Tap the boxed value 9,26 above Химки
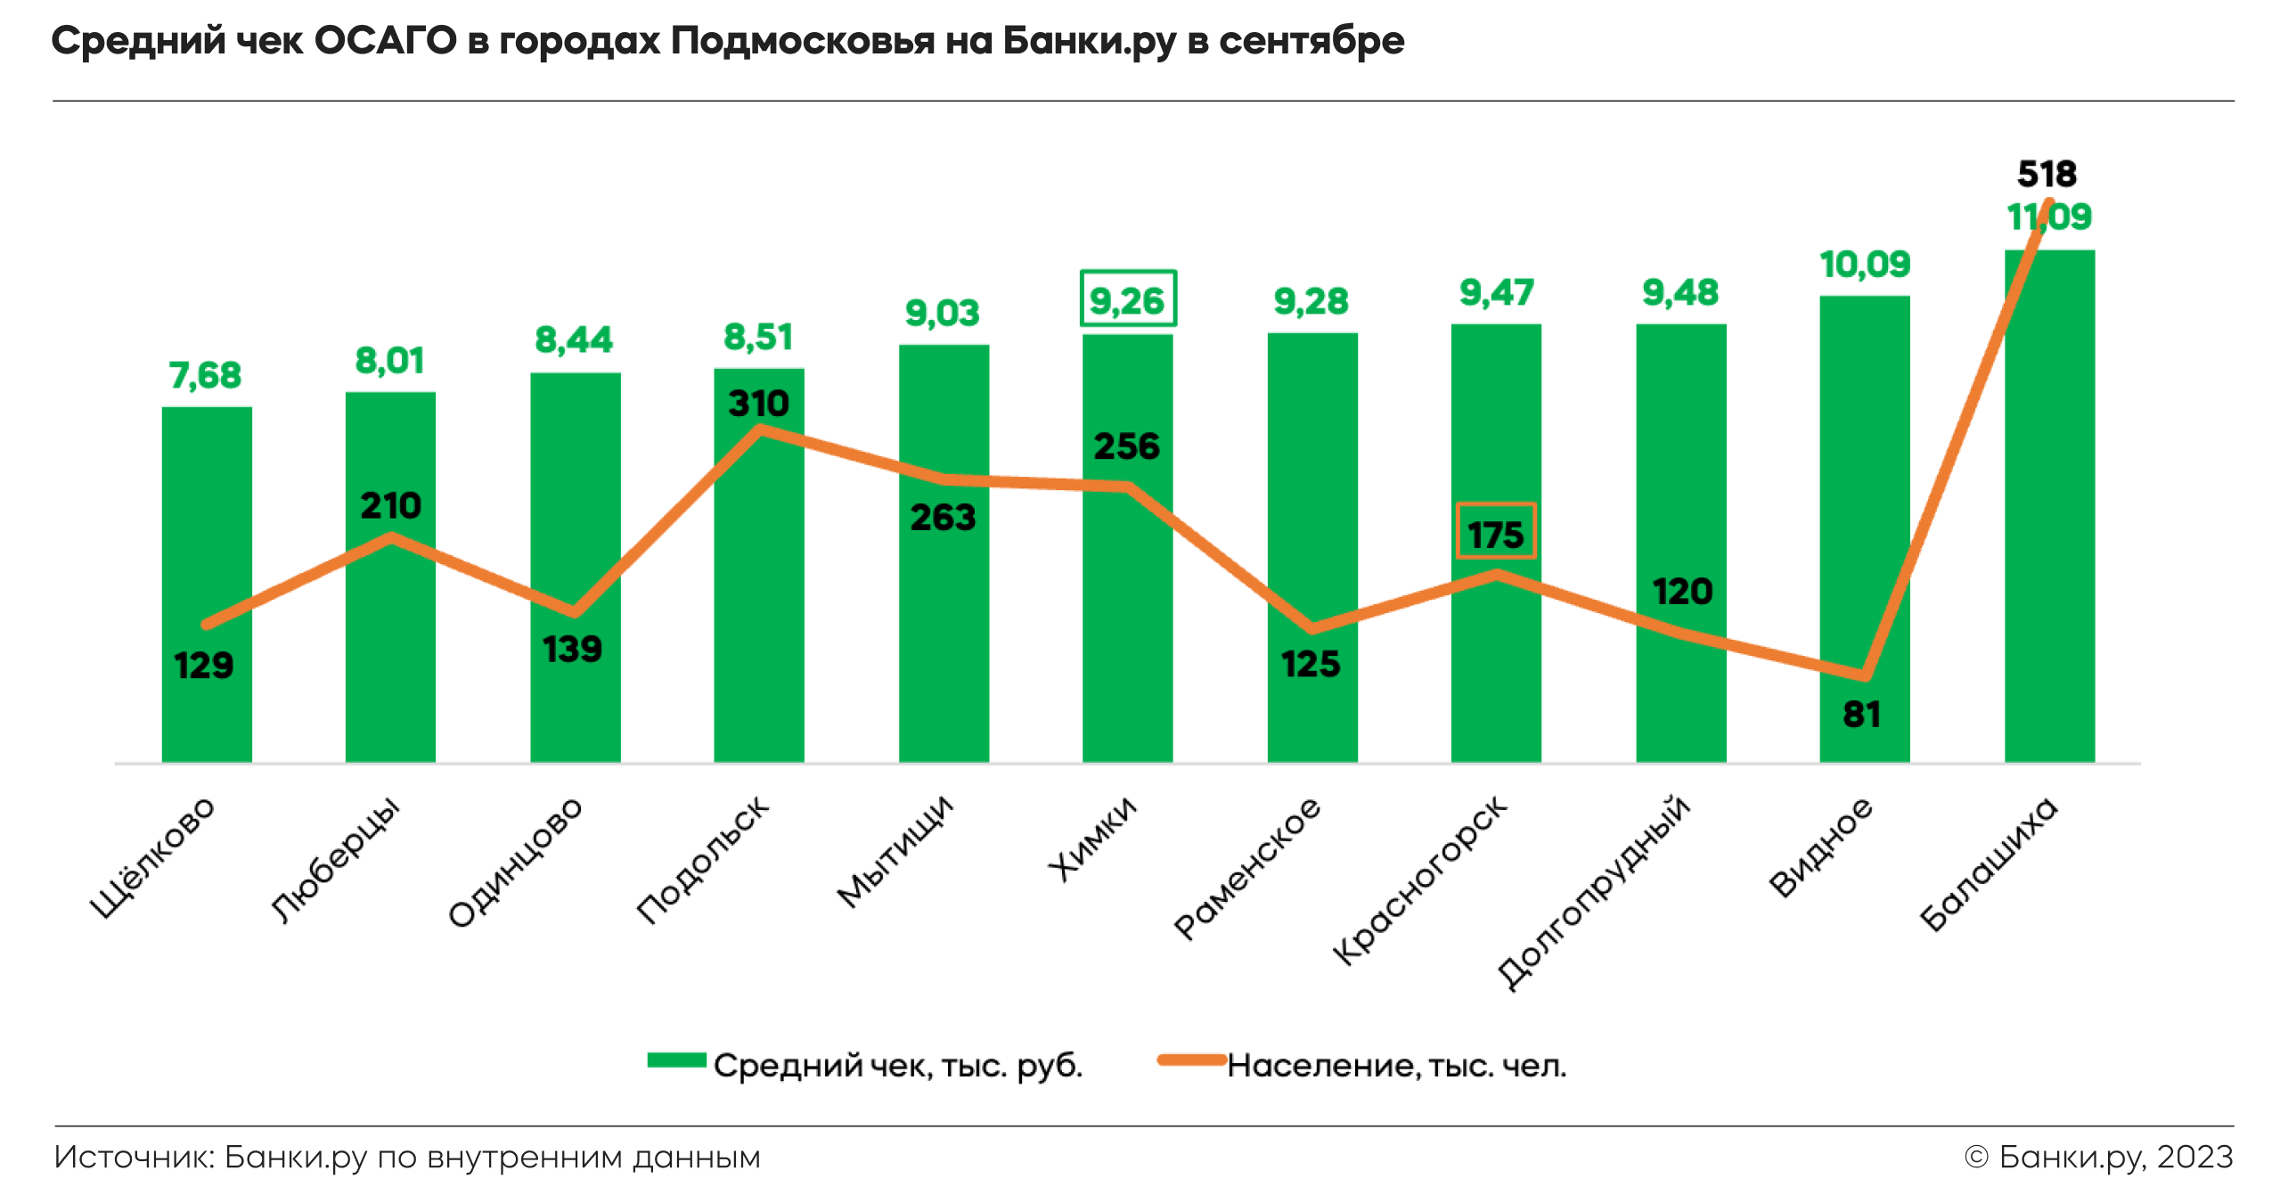1127,300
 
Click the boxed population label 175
1495,533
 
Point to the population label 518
2047,174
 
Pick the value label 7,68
205,375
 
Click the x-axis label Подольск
703,859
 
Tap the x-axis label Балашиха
1988,863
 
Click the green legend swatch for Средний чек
676,1060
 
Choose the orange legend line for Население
1191,1060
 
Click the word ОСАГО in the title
385,41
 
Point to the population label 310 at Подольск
758,404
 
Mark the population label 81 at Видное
1861,715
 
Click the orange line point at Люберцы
391,536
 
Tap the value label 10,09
1864,265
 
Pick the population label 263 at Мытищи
943,518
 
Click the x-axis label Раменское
1247,868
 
